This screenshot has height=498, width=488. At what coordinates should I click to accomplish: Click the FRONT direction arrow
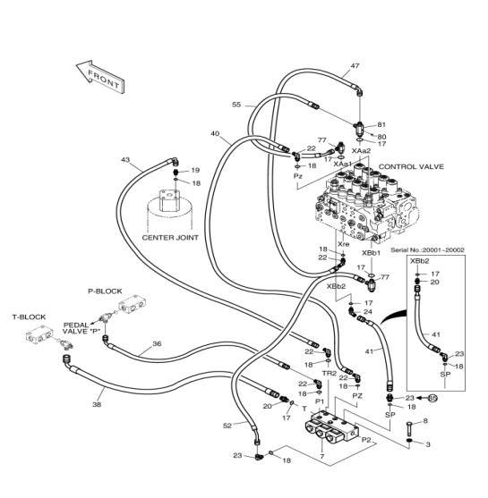point(100,78)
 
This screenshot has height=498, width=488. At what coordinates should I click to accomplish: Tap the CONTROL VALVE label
point(411,166)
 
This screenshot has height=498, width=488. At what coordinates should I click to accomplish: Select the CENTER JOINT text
point(170,238)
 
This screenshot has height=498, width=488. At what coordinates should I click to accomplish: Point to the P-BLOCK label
point(105,291)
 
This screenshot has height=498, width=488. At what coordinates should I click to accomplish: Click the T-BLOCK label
point(29,317)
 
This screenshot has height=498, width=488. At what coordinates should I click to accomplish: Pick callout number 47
point(355,66)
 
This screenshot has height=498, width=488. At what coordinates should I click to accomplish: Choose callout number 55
point(236,105)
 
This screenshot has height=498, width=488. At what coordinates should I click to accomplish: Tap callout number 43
point(125,159)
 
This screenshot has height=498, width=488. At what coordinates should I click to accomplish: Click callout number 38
point(97,405)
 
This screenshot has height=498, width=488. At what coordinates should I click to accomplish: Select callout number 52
point(227,426)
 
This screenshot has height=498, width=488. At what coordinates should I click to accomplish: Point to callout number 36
point(157,343)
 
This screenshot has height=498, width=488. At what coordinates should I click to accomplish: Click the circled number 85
point(432,398)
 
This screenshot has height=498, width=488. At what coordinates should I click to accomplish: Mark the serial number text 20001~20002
point(444,250)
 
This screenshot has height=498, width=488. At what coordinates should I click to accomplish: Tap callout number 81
point(381,124)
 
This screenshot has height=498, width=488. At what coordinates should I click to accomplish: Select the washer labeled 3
point(410,441)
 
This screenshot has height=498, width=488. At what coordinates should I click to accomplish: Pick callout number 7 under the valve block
point(322,457)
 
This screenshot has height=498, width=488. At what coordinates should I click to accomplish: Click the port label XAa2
point(361,150)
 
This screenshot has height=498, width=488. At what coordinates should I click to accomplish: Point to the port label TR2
point(330,374)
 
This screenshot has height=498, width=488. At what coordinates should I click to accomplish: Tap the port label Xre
point(344,244)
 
